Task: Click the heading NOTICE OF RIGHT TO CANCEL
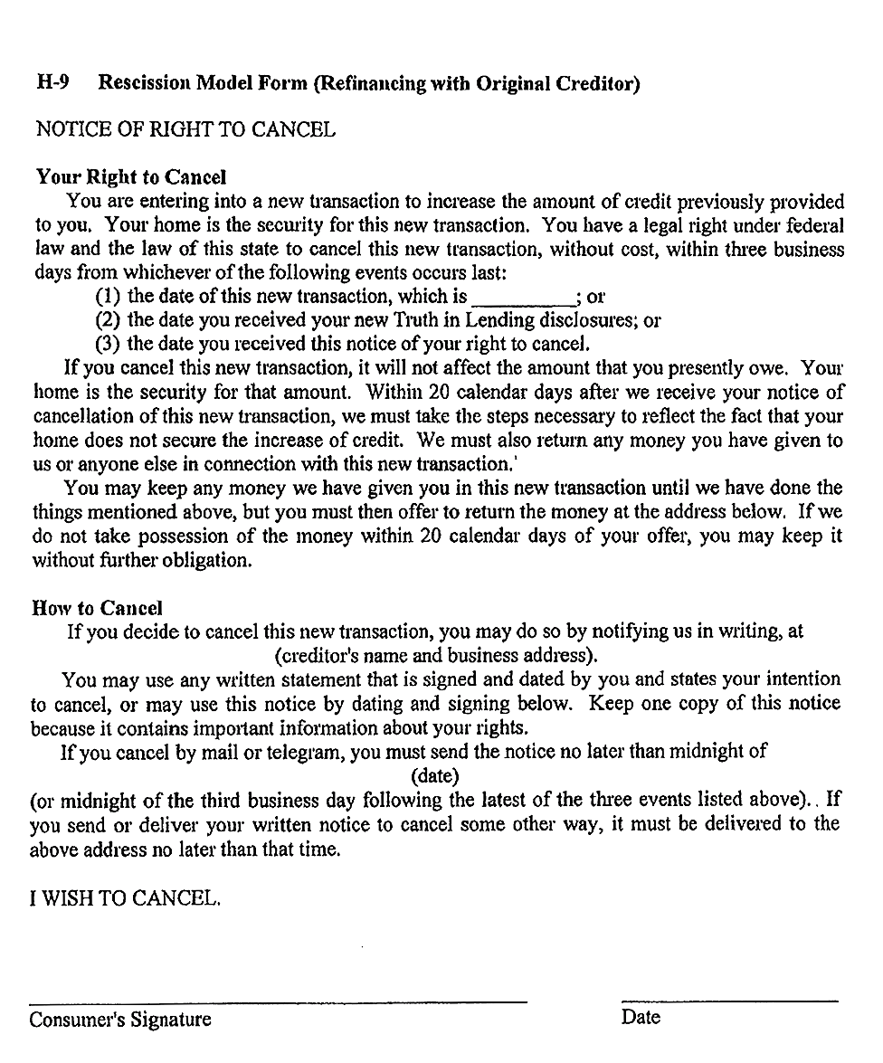[185, 129]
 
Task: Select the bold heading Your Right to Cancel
[131, 177]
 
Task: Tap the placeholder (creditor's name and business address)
[435, 655]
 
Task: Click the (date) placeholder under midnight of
[435, 775]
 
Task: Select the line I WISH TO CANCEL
[126, 898]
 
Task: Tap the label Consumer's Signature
[120, 1020]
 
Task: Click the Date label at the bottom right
[641, 1017]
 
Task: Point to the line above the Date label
[729, 1001]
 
